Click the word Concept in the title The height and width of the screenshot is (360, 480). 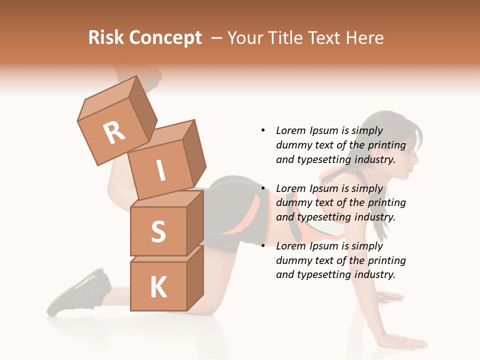coord(165,38)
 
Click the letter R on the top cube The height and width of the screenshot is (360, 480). coord(114,132)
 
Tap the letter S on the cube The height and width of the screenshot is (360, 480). coord(158,231)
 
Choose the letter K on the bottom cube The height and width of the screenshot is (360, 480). coord(158,287)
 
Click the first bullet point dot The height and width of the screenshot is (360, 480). coord(263,130)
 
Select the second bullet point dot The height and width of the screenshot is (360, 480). coord(263,188)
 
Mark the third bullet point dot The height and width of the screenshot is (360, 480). coord(263,246)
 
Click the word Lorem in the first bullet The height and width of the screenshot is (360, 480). coord(290,130)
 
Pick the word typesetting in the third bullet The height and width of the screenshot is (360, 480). coord(323,274)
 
